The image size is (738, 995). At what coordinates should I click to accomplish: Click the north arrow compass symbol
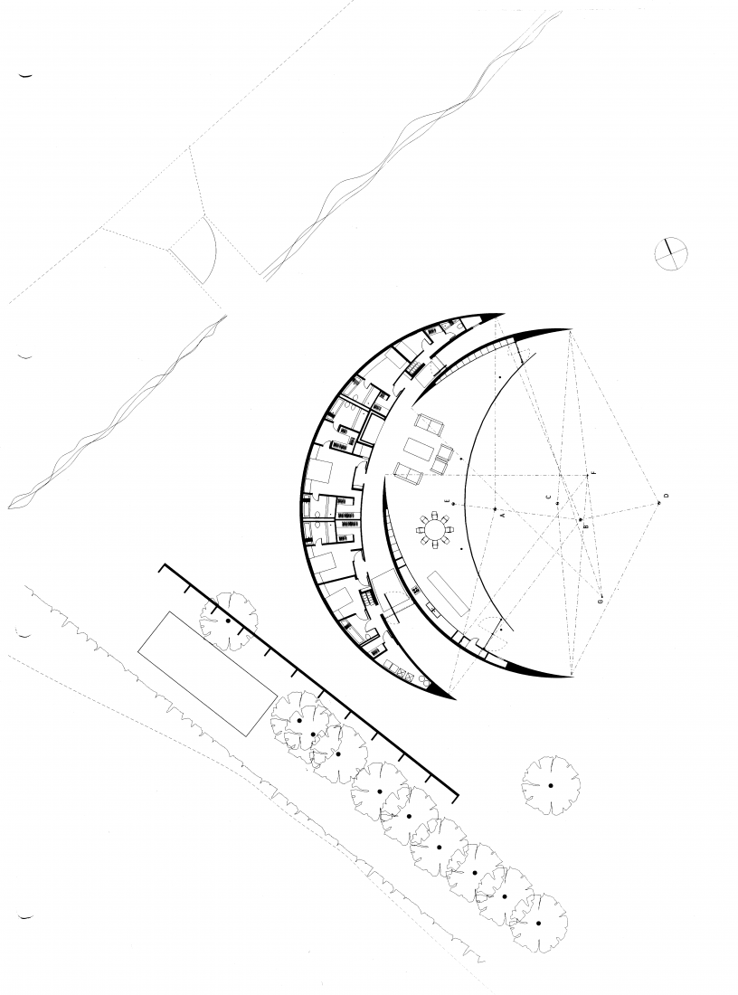(x=671, y=253)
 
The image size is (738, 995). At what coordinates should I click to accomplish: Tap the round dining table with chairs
(x=435, y=529)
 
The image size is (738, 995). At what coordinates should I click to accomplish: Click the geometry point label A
(x=502, y=514)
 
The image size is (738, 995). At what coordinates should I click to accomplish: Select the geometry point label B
(x=585, y=526)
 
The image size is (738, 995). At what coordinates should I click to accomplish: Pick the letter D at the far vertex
(x=666, y=497)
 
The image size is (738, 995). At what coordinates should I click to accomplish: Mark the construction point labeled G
(x=599, y=601)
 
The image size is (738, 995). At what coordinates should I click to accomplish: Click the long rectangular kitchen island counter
(x=447, y=592)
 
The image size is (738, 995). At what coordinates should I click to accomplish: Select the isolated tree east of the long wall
(x=550, y=785)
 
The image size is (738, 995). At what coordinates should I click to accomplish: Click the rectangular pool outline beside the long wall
(x=206, y=672)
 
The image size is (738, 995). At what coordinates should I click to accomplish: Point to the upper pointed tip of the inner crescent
(x=568, y=329)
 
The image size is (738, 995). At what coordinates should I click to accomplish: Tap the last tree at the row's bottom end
(x=538, y=924)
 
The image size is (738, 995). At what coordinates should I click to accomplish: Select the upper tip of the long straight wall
(x=162, y=567)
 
